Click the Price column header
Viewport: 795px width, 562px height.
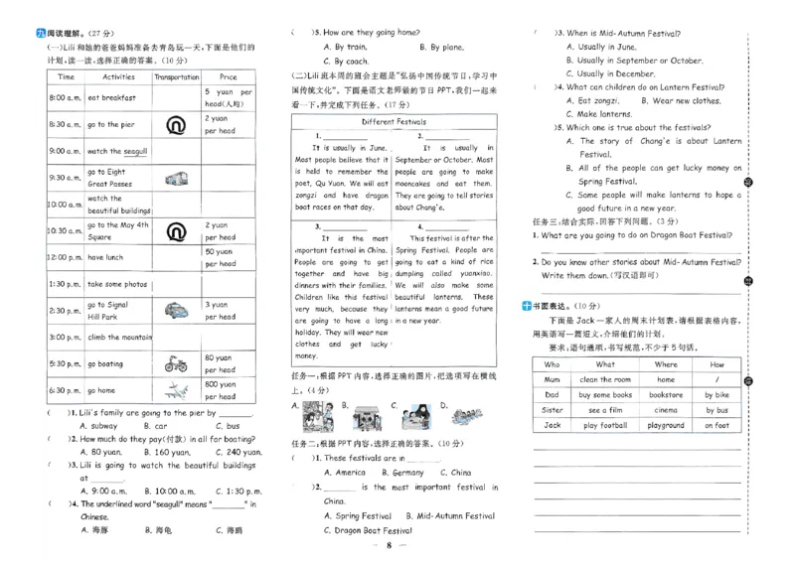click(229, 76)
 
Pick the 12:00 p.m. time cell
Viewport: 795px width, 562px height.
click(65, 257)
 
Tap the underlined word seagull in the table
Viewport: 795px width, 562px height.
click(132, 152)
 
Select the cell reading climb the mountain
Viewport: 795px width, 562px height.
click(119, 338)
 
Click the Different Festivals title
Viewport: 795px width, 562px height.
click(394, 122)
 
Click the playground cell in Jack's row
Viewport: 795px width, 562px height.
click(666, 425)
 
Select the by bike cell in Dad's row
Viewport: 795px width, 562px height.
click(716, 395)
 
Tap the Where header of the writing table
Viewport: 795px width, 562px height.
click(666, 364)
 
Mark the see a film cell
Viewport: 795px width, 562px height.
click(605, 410)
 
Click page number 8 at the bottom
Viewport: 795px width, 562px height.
click(392, 546)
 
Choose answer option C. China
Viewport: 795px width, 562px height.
click(454, 473)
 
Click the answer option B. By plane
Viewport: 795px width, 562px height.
click(441, 47)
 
